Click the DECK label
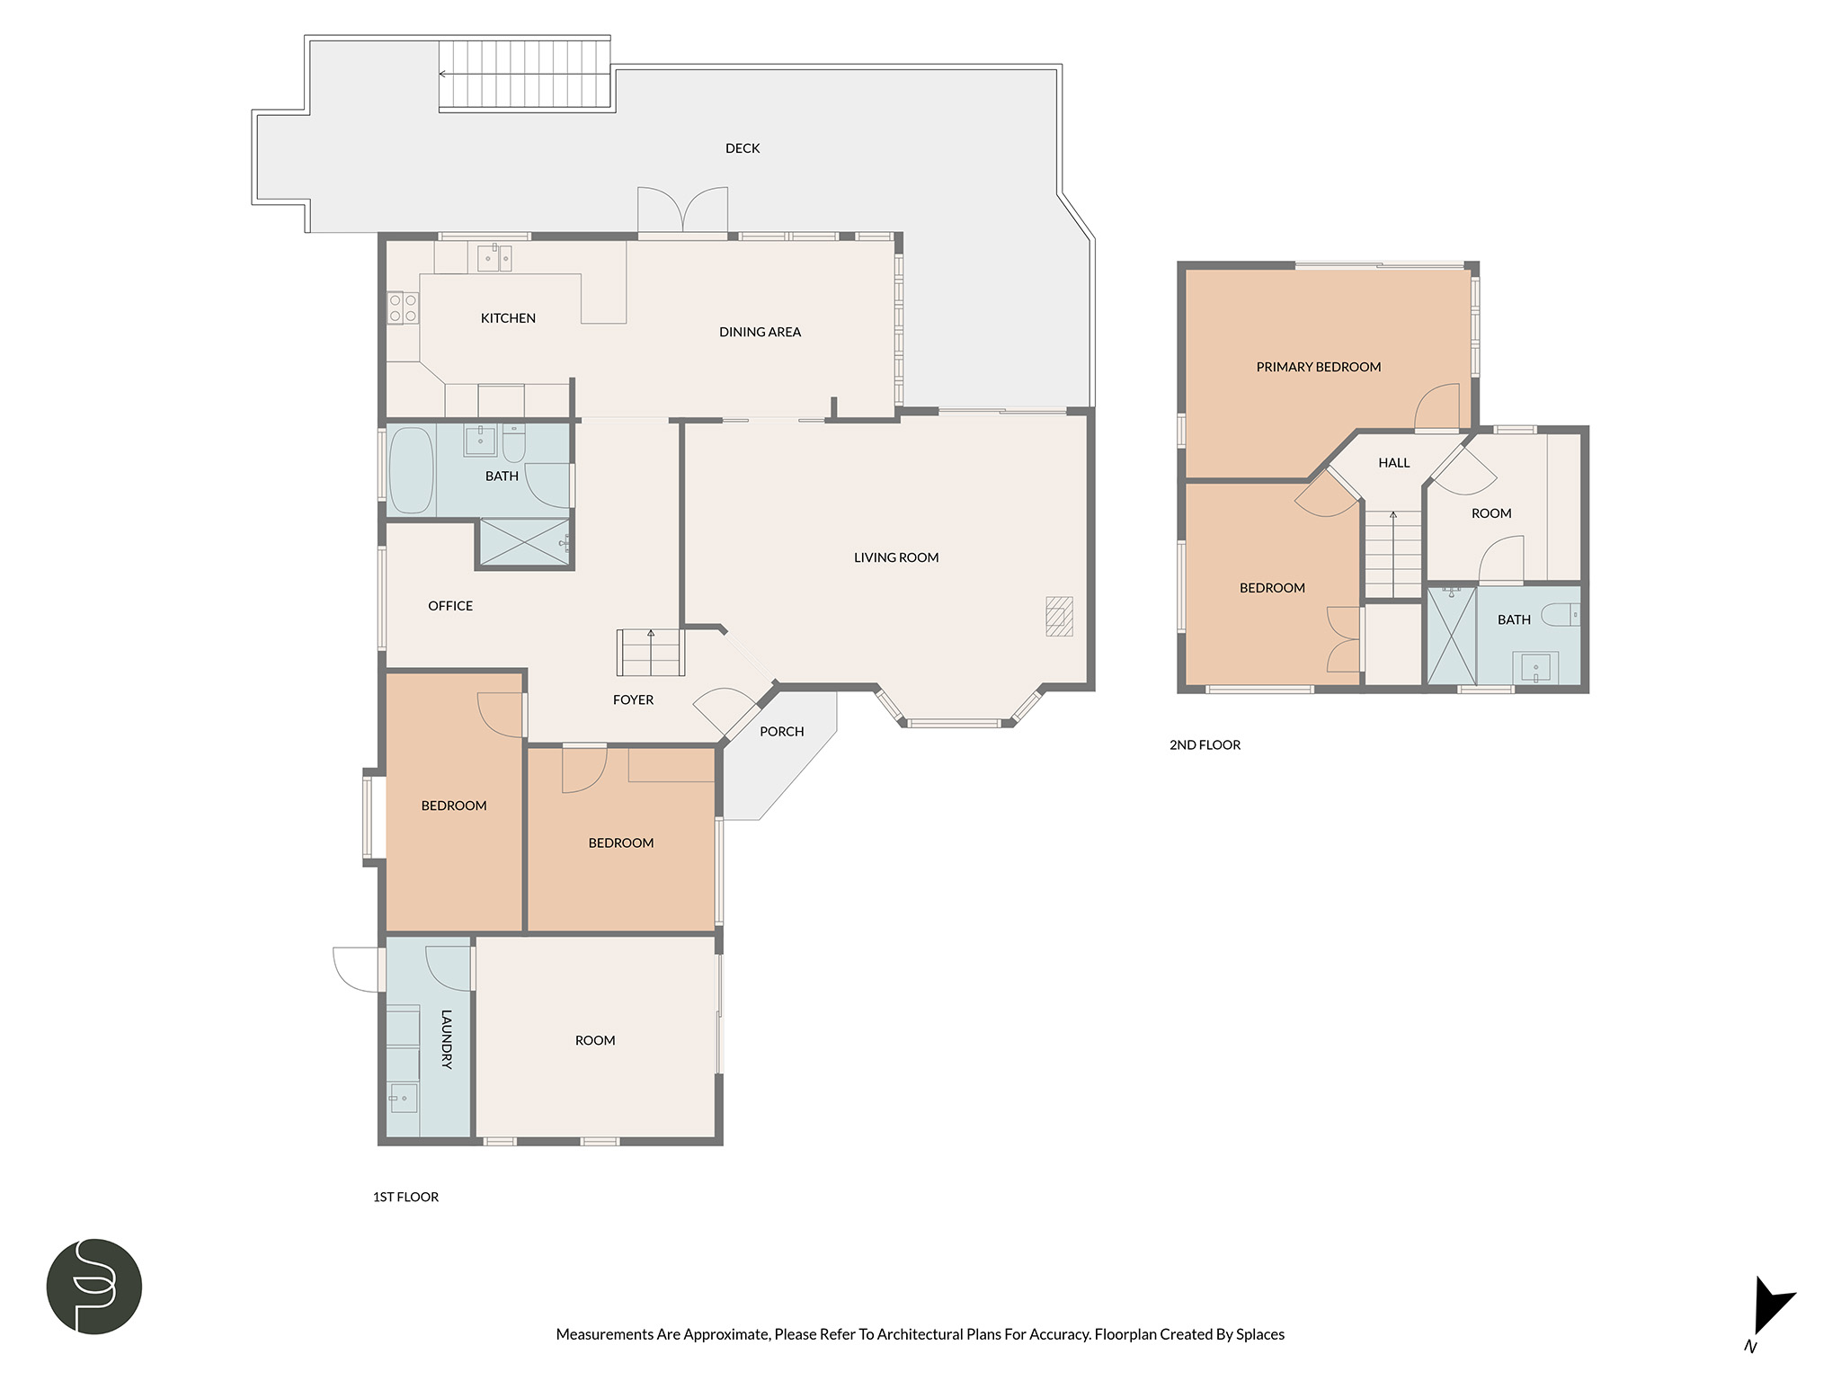[743, 148]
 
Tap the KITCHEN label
[508, 318]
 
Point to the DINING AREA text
[760, 332]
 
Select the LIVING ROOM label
[896, 557]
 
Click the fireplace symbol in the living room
[1059, 617]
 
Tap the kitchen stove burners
[402, 307]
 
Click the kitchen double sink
[494, 258]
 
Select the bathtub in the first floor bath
[411, 470]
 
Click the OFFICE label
[450, 606]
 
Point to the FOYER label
[633, 699]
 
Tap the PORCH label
[781, 732]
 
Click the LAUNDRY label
[446, 1039]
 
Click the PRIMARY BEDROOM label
[1318, 367]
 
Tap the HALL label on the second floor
[1394, 463]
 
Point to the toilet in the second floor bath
[1561, 615]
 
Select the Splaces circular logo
[94, 1286]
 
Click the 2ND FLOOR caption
[1205, 744]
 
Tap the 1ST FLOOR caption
[405, 1197]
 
